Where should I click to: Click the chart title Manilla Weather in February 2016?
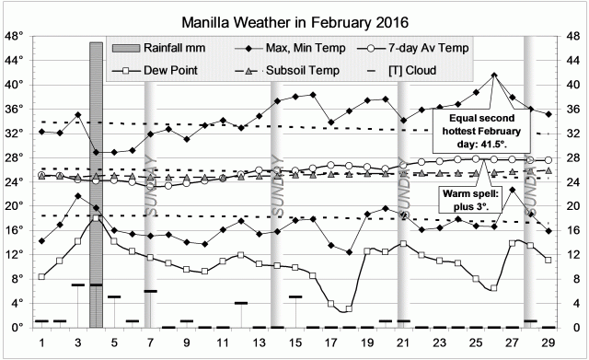point(295,17)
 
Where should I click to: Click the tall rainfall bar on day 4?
point(96,184)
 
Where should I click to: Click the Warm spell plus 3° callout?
point(476,202)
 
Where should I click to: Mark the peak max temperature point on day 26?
point(494,75)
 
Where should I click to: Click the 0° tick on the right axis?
point(573,328)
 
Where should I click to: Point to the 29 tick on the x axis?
point(549,343)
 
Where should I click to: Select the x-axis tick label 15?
point(295,343)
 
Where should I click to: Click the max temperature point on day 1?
point(42,132)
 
